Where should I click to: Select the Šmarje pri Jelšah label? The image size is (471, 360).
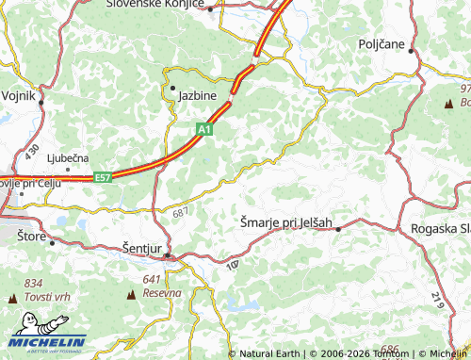point(285,222)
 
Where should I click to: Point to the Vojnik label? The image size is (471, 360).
point(17,96)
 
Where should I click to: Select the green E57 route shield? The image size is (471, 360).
point(104,176)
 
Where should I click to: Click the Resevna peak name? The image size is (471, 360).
point(161,292)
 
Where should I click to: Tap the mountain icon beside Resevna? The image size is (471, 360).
point(130,295)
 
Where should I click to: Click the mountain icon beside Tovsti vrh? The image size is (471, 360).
point(12,298)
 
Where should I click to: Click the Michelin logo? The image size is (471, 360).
point(44,342)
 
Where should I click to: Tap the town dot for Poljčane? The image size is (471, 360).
point(412,52)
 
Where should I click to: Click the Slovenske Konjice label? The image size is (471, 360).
point(155,5)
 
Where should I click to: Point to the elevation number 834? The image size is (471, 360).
point(34,283)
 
